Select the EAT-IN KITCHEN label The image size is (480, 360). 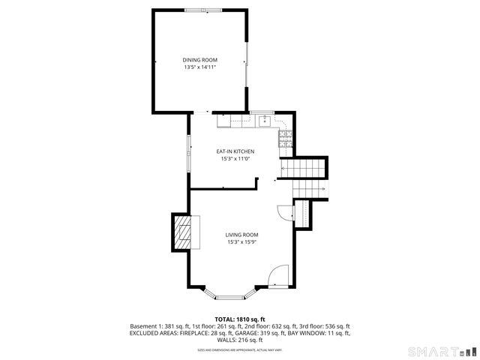(235, 151)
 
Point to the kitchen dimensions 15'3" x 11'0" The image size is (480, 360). (235, 159)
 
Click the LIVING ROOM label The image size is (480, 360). (241, 235)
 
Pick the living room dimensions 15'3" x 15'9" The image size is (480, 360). (241, 241)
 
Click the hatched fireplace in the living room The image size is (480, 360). (183, 233)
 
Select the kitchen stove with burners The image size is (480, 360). (285, 139)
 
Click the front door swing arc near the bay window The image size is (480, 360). (278, 274)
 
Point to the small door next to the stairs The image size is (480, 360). (283, 212)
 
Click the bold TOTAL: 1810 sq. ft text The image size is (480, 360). (240, 319)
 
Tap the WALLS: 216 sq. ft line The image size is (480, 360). (240, 340)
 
